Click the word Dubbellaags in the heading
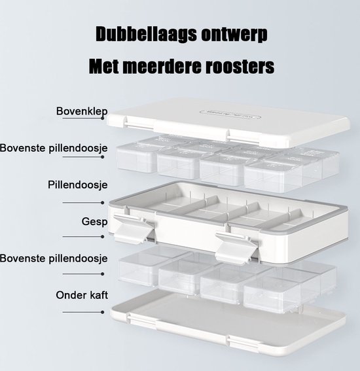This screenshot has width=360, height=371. [146, 34]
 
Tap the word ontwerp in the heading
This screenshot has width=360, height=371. [234, 35]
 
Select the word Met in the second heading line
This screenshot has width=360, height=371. [103, 66]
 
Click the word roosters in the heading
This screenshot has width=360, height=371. [240, 66]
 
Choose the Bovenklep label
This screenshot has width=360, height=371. [82, 111]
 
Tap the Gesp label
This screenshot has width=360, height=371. [94, 222]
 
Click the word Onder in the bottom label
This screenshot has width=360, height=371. [71, 295]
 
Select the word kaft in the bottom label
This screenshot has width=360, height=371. [99, 295]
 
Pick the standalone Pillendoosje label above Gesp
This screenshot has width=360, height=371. [78, 185]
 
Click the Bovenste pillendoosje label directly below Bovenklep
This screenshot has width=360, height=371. [54, 148]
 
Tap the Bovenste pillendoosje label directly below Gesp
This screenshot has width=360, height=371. [54, 258]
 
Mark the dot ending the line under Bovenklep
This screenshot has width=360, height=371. [103, 118]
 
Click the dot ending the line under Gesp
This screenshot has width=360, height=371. [103, 237]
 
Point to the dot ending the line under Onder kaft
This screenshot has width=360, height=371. [103, 312]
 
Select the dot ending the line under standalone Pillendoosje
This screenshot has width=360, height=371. [103, 203]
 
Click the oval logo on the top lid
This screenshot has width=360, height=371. [230, 114]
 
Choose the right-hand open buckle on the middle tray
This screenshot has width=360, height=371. [236, 247]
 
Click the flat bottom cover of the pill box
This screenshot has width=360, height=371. [228, 324]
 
